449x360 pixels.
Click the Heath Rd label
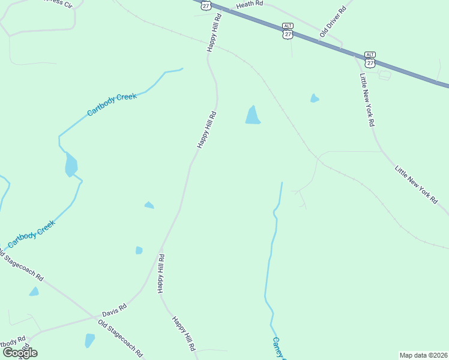[250, 4]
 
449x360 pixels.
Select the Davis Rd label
[114, 310]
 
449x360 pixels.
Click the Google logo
[20, 352]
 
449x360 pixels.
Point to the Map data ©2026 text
[423, 355]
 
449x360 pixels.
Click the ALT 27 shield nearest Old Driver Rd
[288, 31]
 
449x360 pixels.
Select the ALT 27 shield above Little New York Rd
[370, 58]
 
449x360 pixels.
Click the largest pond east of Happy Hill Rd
[253, 116]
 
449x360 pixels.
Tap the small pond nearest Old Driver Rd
[314, 98]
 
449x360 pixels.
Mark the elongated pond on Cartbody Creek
[71, 164]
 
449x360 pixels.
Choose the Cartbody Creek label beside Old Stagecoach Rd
[31, 235]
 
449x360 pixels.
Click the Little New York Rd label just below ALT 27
[367, 100]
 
